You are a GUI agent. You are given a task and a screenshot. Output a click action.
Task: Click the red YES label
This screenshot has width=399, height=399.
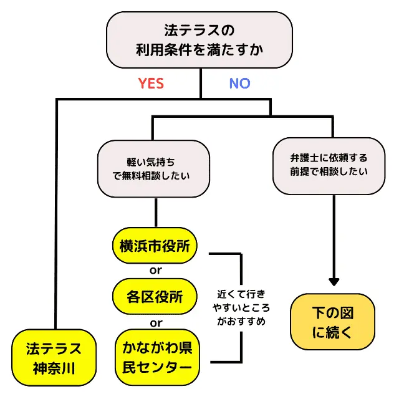(x=151, y=84)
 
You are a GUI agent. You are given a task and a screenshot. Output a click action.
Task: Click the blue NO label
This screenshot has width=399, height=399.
(x=239, y=84)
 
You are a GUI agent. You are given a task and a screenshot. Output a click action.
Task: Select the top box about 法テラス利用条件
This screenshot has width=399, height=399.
(x=199, y=40)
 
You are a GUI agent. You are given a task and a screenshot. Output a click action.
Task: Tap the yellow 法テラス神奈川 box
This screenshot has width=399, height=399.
(x=54, y=357)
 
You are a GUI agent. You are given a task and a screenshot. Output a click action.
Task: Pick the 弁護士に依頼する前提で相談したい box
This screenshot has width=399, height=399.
(x=329, y=165)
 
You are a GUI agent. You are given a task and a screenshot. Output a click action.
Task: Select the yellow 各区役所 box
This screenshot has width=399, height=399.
(x=155, y=296)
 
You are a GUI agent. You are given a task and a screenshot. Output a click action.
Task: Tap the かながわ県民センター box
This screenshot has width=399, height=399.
(x=158, y=357)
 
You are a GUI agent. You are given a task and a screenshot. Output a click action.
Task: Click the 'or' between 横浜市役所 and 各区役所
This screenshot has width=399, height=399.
(x=156, y=271)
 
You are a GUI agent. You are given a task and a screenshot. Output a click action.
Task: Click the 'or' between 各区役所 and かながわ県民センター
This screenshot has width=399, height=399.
(x=156, y=323)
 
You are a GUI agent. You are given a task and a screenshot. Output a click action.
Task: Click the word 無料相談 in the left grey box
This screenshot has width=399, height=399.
(x=153, y=176)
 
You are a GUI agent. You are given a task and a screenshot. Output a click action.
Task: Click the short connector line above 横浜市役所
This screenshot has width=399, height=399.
(x=156, y=213)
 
